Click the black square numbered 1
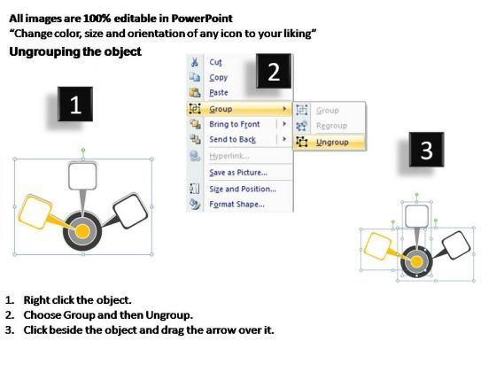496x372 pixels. point(75,105)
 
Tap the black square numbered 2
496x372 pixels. point(274,71)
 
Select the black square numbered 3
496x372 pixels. point(426,150)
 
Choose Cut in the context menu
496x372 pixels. point(215,62)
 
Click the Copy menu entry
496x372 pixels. point(218,78)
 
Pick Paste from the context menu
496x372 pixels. point(219,93)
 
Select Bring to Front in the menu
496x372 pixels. point(235,124)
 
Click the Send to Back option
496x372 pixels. point(232,139)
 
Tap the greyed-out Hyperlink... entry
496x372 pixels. point(229,156)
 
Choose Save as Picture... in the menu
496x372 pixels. point(238,173)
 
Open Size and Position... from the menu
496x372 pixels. point(243,189)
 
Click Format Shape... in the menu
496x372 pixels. point(237,205)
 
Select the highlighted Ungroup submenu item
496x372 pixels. point(332,143)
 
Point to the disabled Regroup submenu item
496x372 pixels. point(331,126)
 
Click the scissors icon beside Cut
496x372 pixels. point(195,62)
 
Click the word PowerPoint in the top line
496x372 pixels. point(202,19)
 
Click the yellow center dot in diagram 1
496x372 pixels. point(82,231)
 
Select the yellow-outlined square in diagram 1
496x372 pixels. point(35,212)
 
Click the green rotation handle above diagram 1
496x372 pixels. point(83,150)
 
